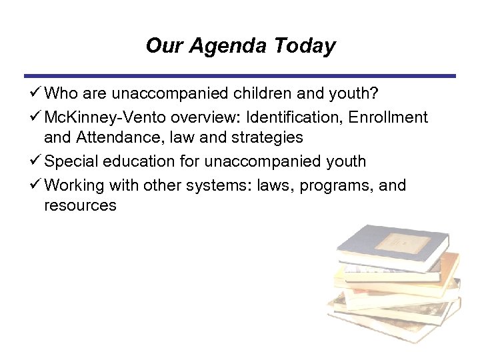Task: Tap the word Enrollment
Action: (x=387, y=118)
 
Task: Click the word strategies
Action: (x=263, y=139)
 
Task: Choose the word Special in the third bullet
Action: (x=71, y=161)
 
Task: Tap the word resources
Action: (x=80, y=206)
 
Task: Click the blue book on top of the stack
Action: (x=390, y=247)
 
